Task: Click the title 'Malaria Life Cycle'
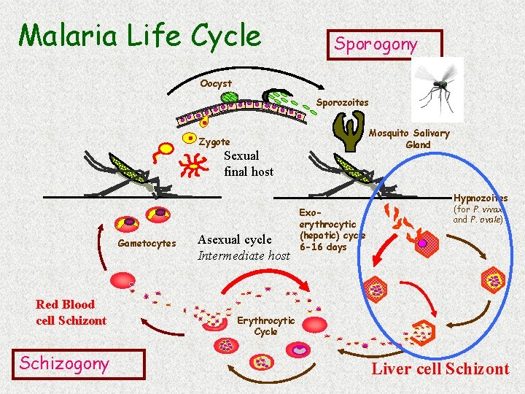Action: [x=139, y=34]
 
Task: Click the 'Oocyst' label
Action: [x=216, y=84]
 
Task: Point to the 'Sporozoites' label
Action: [x=342, y=103]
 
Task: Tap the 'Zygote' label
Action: [x=214, y=142]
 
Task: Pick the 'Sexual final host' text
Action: [x=248, y=163]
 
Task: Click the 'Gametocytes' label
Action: [x=147, y=243]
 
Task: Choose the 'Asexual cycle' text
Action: [x=234, y=239]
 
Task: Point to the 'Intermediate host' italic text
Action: [x=244, y=255]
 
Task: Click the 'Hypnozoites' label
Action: [x=480, y=198]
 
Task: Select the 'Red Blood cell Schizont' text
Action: [x=71, y=312]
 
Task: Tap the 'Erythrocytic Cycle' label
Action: [x=265, y=325]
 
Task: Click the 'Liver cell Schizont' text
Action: [x=440, y=368]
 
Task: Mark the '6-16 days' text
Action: [x=325, y=247]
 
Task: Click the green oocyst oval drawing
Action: [x=230, y=96]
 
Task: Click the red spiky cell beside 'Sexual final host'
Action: [x=192, y=167]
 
